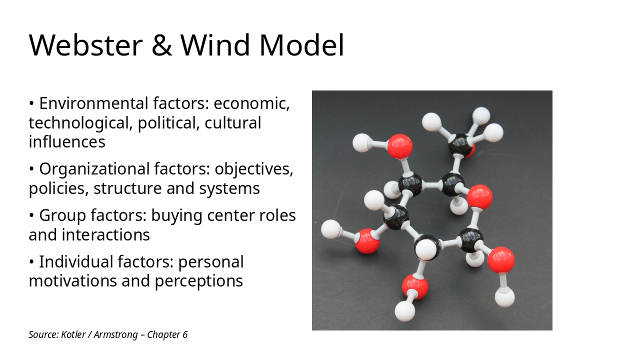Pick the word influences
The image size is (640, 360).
67,142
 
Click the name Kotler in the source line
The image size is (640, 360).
72,334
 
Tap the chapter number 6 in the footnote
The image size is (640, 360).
185,334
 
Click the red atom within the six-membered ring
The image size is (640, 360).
479,196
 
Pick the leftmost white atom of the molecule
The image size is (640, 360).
330,229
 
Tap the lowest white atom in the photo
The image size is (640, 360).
404,311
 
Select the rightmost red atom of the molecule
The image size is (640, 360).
501,259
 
